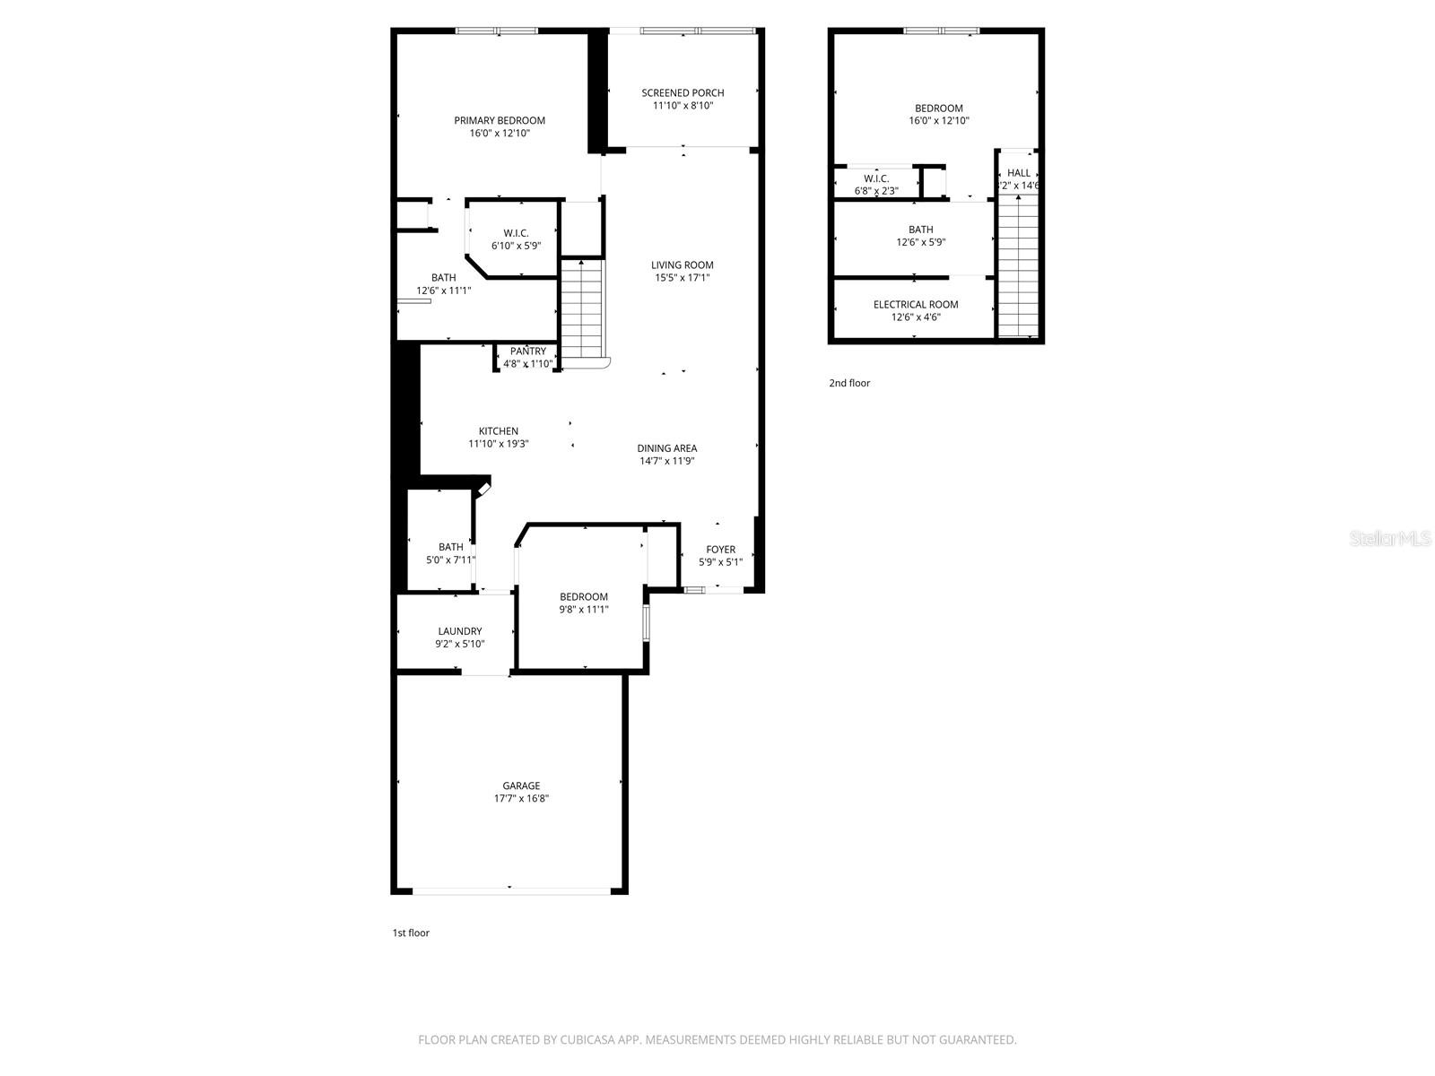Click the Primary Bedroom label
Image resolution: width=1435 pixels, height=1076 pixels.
[500, 121]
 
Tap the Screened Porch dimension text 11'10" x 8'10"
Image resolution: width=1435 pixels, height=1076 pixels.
[683, 106]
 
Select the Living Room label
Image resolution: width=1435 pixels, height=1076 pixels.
[682, 265]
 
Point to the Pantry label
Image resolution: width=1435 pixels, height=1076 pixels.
[527, 351]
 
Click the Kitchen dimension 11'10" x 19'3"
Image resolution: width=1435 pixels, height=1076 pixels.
[498, 444]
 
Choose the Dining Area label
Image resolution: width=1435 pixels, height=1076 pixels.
[667, 449]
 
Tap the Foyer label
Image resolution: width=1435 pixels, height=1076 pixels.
[720, 550]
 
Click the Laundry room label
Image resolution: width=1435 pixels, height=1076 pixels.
[459, 632]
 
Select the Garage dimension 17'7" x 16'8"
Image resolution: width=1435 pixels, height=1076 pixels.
[521, 799]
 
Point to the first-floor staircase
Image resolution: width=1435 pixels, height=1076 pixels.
[582, 309]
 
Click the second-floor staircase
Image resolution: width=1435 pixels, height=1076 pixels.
[1018, 266]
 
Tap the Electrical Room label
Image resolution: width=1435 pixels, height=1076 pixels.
[916, 305]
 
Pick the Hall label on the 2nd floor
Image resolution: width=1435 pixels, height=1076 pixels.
[1019, 173]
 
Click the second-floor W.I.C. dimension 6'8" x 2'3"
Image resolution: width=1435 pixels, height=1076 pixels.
[876, 191]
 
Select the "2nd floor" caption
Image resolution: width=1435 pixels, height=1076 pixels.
[849, 384]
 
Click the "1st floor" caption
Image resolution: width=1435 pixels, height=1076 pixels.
[411, 933]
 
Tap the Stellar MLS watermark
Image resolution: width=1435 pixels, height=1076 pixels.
[1390, 539]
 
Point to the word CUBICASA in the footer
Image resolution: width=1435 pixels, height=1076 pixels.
[587, 1040]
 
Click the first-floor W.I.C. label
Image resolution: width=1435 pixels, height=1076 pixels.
[516, 234]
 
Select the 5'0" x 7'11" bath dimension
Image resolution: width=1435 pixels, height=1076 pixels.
[450, 560]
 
